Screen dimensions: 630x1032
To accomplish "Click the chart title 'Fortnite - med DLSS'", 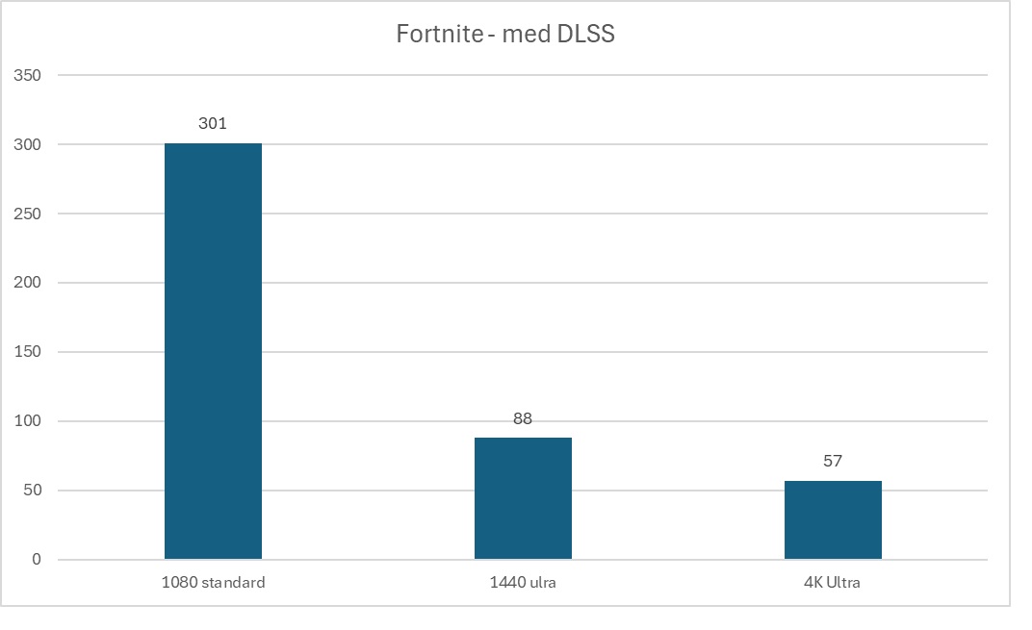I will point(505,35).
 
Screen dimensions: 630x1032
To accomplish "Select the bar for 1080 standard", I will point(213,351).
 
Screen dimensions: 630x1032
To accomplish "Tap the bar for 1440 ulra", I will point(523,498).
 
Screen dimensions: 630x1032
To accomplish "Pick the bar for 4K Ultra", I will point(833,519).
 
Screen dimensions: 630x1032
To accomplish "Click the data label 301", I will point(213,124).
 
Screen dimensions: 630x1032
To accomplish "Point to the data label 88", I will point(523,418).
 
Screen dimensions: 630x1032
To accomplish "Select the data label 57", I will point(833,461).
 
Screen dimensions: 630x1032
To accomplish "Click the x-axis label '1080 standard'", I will point(213,582).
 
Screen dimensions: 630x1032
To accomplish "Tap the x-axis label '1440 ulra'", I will point(523,582).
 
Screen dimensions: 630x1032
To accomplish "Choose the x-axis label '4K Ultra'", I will point(833,582).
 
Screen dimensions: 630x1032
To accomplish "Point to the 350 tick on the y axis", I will point(28,75).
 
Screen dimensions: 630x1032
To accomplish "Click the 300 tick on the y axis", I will point(28,144).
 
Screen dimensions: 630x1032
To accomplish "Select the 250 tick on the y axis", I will point(28,214).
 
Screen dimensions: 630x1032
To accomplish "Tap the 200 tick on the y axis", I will point(28,283).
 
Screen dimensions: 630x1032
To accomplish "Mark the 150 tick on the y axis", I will point(28,352).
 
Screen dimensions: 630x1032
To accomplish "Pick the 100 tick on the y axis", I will point(28,421).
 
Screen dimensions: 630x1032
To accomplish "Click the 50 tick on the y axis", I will point(32,491).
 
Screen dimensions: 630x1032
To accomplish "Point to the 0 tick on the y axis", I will point(37,560).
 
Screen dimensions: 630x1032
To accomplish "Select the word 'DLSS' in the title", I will point(586,35).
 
